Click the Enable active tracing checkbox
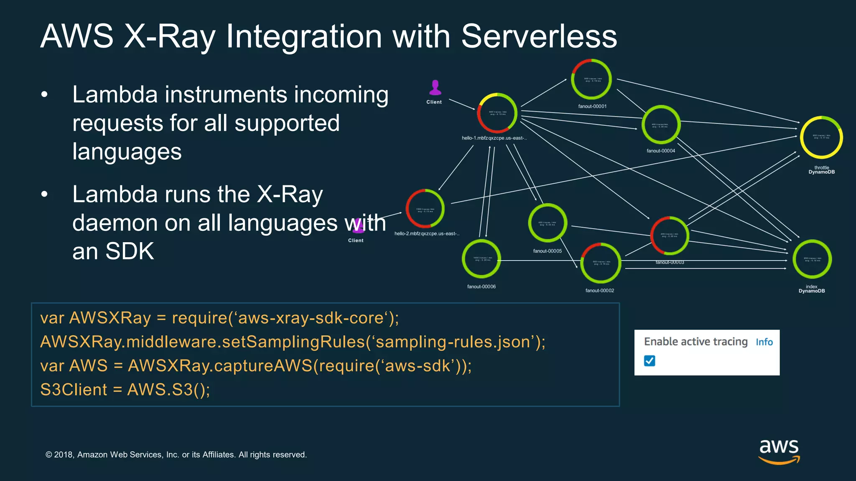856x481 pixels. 650,361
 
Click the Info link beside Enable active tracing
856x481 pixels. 764,342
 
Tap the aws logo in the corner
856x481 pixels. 779,451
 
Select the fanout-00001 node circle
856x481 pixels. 591,79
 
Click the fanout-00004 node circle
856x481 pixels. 661,125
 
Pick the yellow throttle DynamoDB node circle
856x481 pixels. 821,137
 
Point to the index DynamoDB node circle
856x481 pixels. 812,259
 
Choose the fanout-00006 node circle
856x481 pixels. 481,259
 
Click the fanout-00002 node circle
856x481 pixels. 601,263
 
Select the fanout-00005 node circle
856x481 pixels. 548,223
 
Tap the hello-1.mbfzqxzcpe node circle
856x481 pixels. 497,113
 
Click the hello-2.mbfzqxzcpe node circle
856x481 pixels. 425,209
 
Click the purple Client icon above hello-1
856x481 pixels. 435,88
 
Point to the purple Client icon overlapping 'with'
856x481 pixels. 358,226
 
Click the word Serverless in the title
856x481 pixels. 539,37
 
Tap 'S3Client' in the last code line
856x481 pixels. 74,390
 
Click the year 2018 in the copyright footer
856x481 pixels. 64,455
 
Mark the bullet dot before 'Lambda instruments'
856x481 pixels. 45,95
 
